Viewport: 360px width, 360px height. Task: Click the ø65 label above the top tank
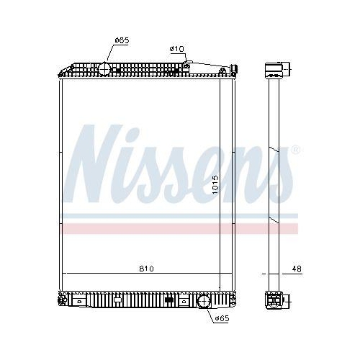121,40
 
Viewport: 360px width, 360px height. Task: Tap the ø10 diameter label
177,48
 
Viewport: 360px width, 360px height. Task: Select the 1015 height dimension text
216,188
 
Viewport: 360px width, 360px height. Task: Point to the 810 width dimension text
146,269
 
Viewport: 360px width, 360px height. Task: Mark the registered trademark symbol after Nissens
294,150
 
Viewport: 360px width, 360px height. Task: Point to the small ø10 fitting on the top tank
187,66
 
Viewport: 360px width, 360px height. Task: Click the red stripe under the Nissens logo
180,228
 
